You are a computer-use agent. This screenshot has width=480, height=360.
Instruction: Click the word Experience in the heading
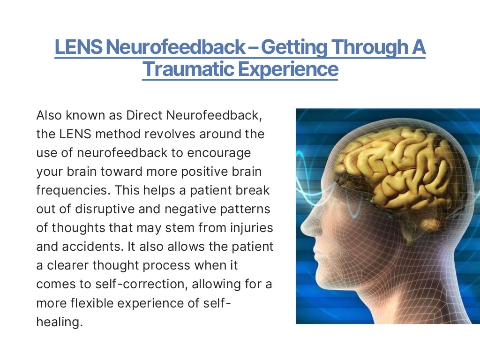tap(288, 69)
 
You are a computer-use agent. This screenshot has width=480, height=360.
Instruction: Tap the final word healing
tap(57, 322)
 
